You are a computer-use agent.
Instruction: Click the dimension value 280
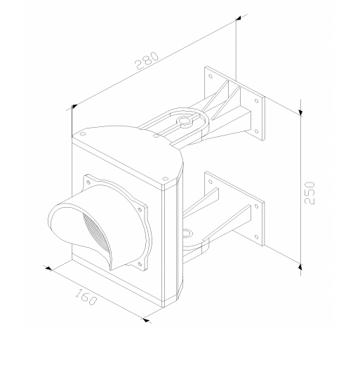(147, 61)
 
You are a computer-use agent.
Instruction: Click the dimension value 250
(309, 193)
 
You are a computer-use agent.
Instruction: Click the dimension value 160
(86, 297)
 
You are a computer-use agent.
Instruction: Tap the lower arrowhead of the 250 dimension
(300, 267)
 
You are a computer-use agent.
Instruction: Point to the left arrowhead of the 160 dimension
(48, 268)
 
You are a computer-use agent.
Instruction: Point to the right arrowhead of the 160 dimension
(146, 320)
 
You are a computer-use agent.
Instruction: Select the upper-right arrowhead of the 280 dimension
(239, 18)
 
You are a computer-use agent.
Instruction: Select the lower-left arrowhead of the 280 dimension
(74, 107)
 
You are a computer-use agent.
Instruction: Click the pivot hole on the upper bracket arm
(184, 121)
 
